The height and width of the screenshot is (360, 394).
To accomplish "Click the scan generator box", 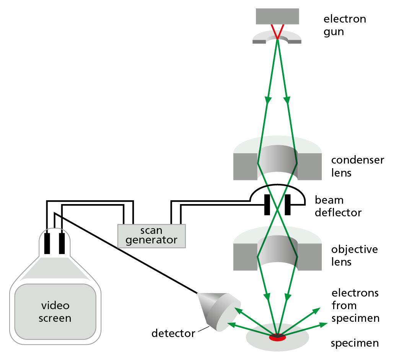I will [152, 236].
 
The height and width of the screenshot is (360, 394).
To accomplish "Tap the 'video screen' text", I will [55, 312].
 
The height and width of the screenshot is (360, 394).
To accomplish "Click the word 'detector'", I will [173, 333].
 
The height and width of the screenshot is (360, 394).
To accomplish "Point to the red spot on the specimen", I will [277, 337].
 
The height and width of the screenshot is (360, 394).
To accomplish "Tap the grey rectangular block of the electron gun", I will [277, 16].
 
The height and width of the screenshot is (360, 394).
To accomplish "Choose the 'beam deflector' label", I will [338, 206].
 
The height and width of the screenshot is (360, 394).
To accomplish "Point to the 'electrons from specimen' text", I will [355, 305].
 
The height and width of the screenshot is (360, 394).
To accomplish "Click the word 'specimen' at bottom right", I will [355, 343].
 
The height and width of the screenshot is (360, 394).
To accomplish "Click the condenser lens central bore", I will [277, 162].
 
